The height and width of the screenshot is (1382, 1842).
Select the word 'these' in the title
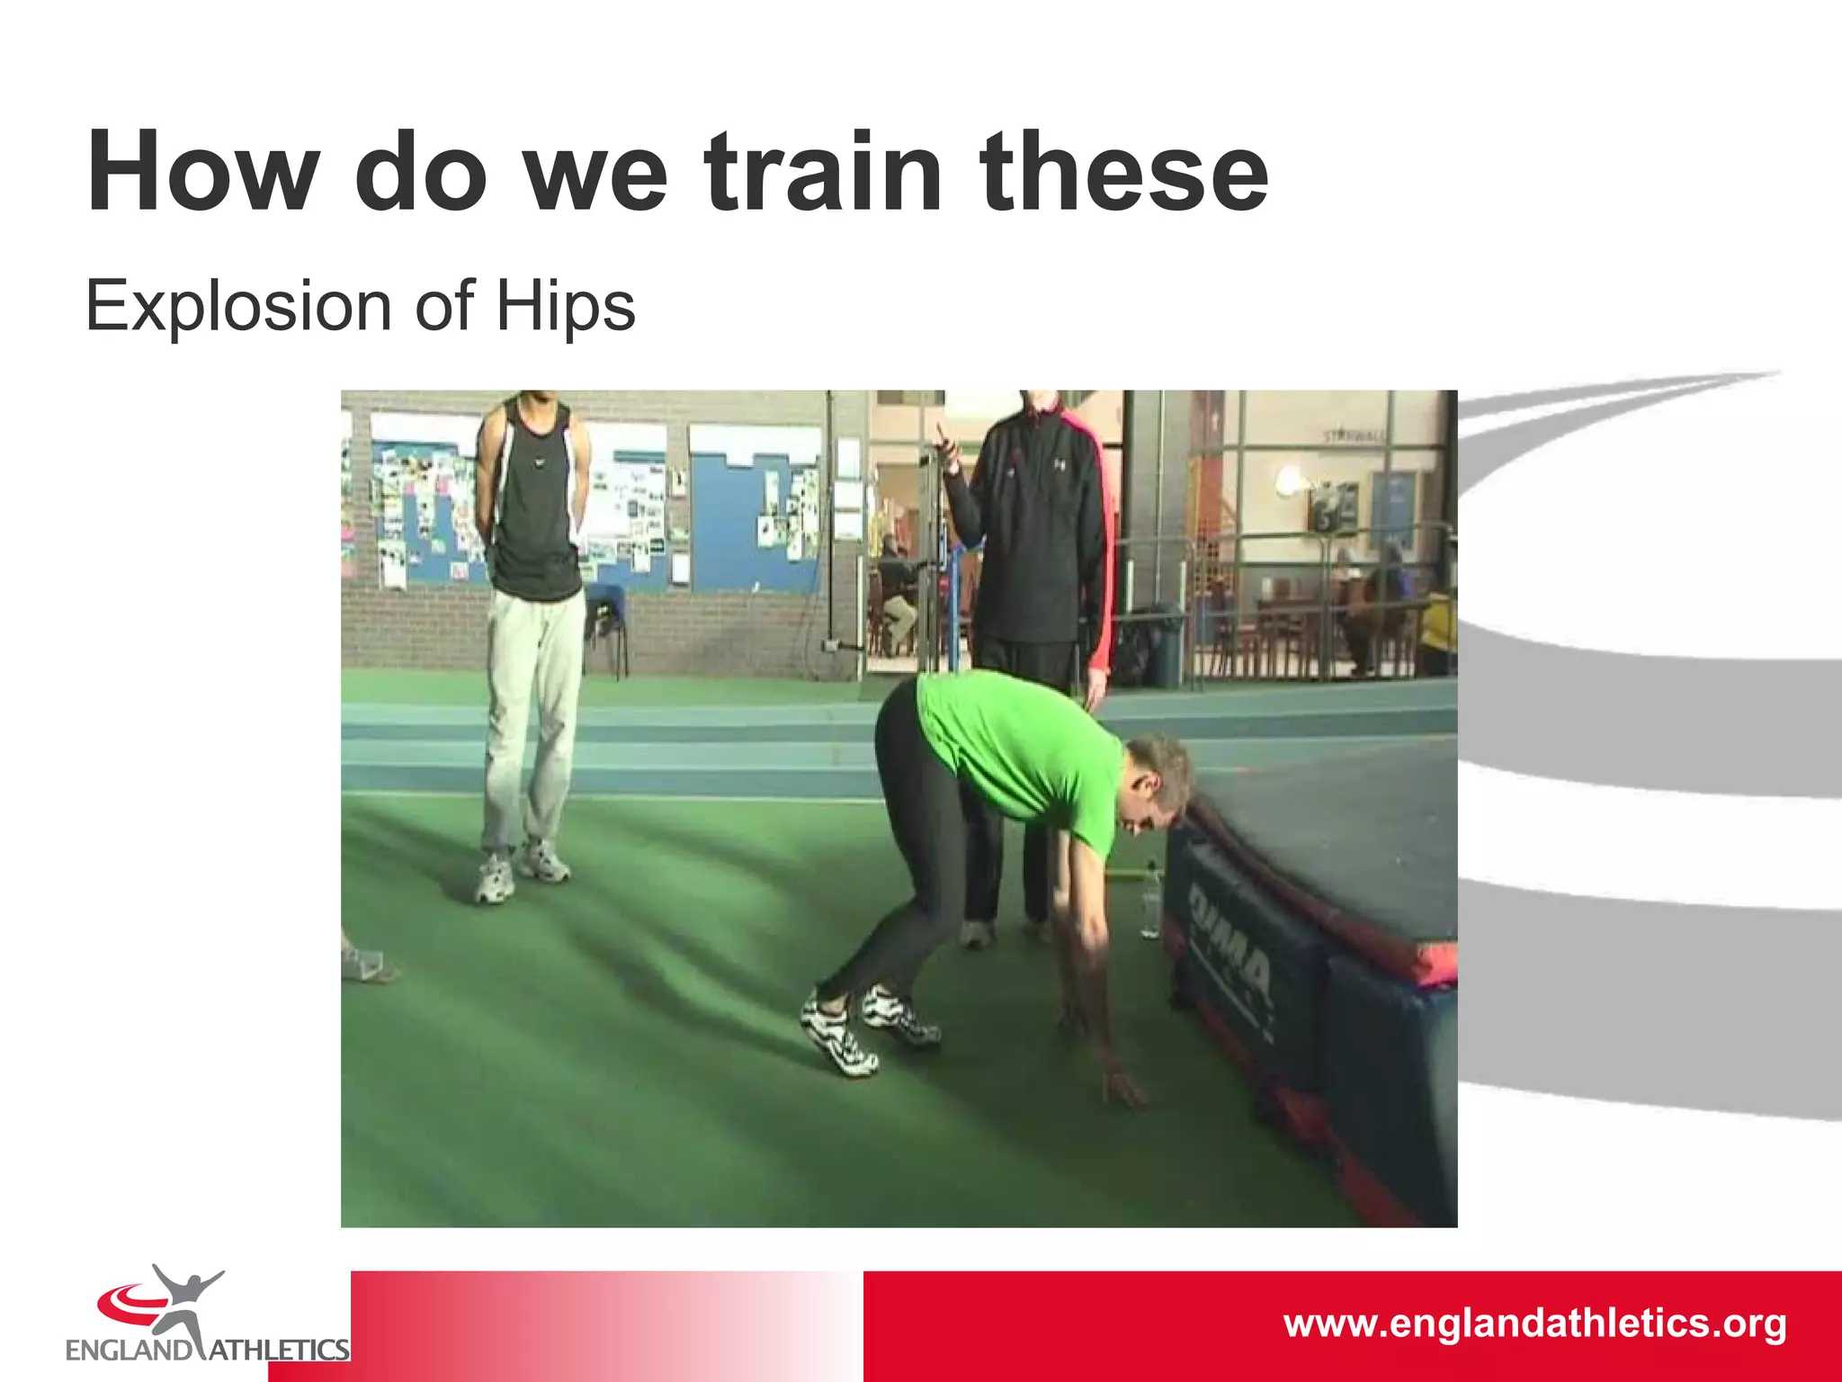tap(1124, 172)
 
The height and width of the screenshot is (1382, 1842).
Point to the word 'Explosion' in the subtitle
tap(238, 307)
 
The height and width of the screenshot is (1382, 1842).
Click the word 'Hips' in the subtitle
tap(566, 307)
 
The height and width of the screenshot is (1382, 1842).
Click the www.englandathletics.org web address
tap(1534, 1324)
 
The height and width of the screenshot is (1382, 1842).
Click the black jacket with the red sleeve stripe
tap(1034, 531)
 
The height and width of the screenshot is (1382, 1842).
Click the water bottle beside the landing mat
tap(1150, 904)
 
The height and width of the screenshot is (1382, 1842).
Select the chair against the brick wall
tap(607, 621)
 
